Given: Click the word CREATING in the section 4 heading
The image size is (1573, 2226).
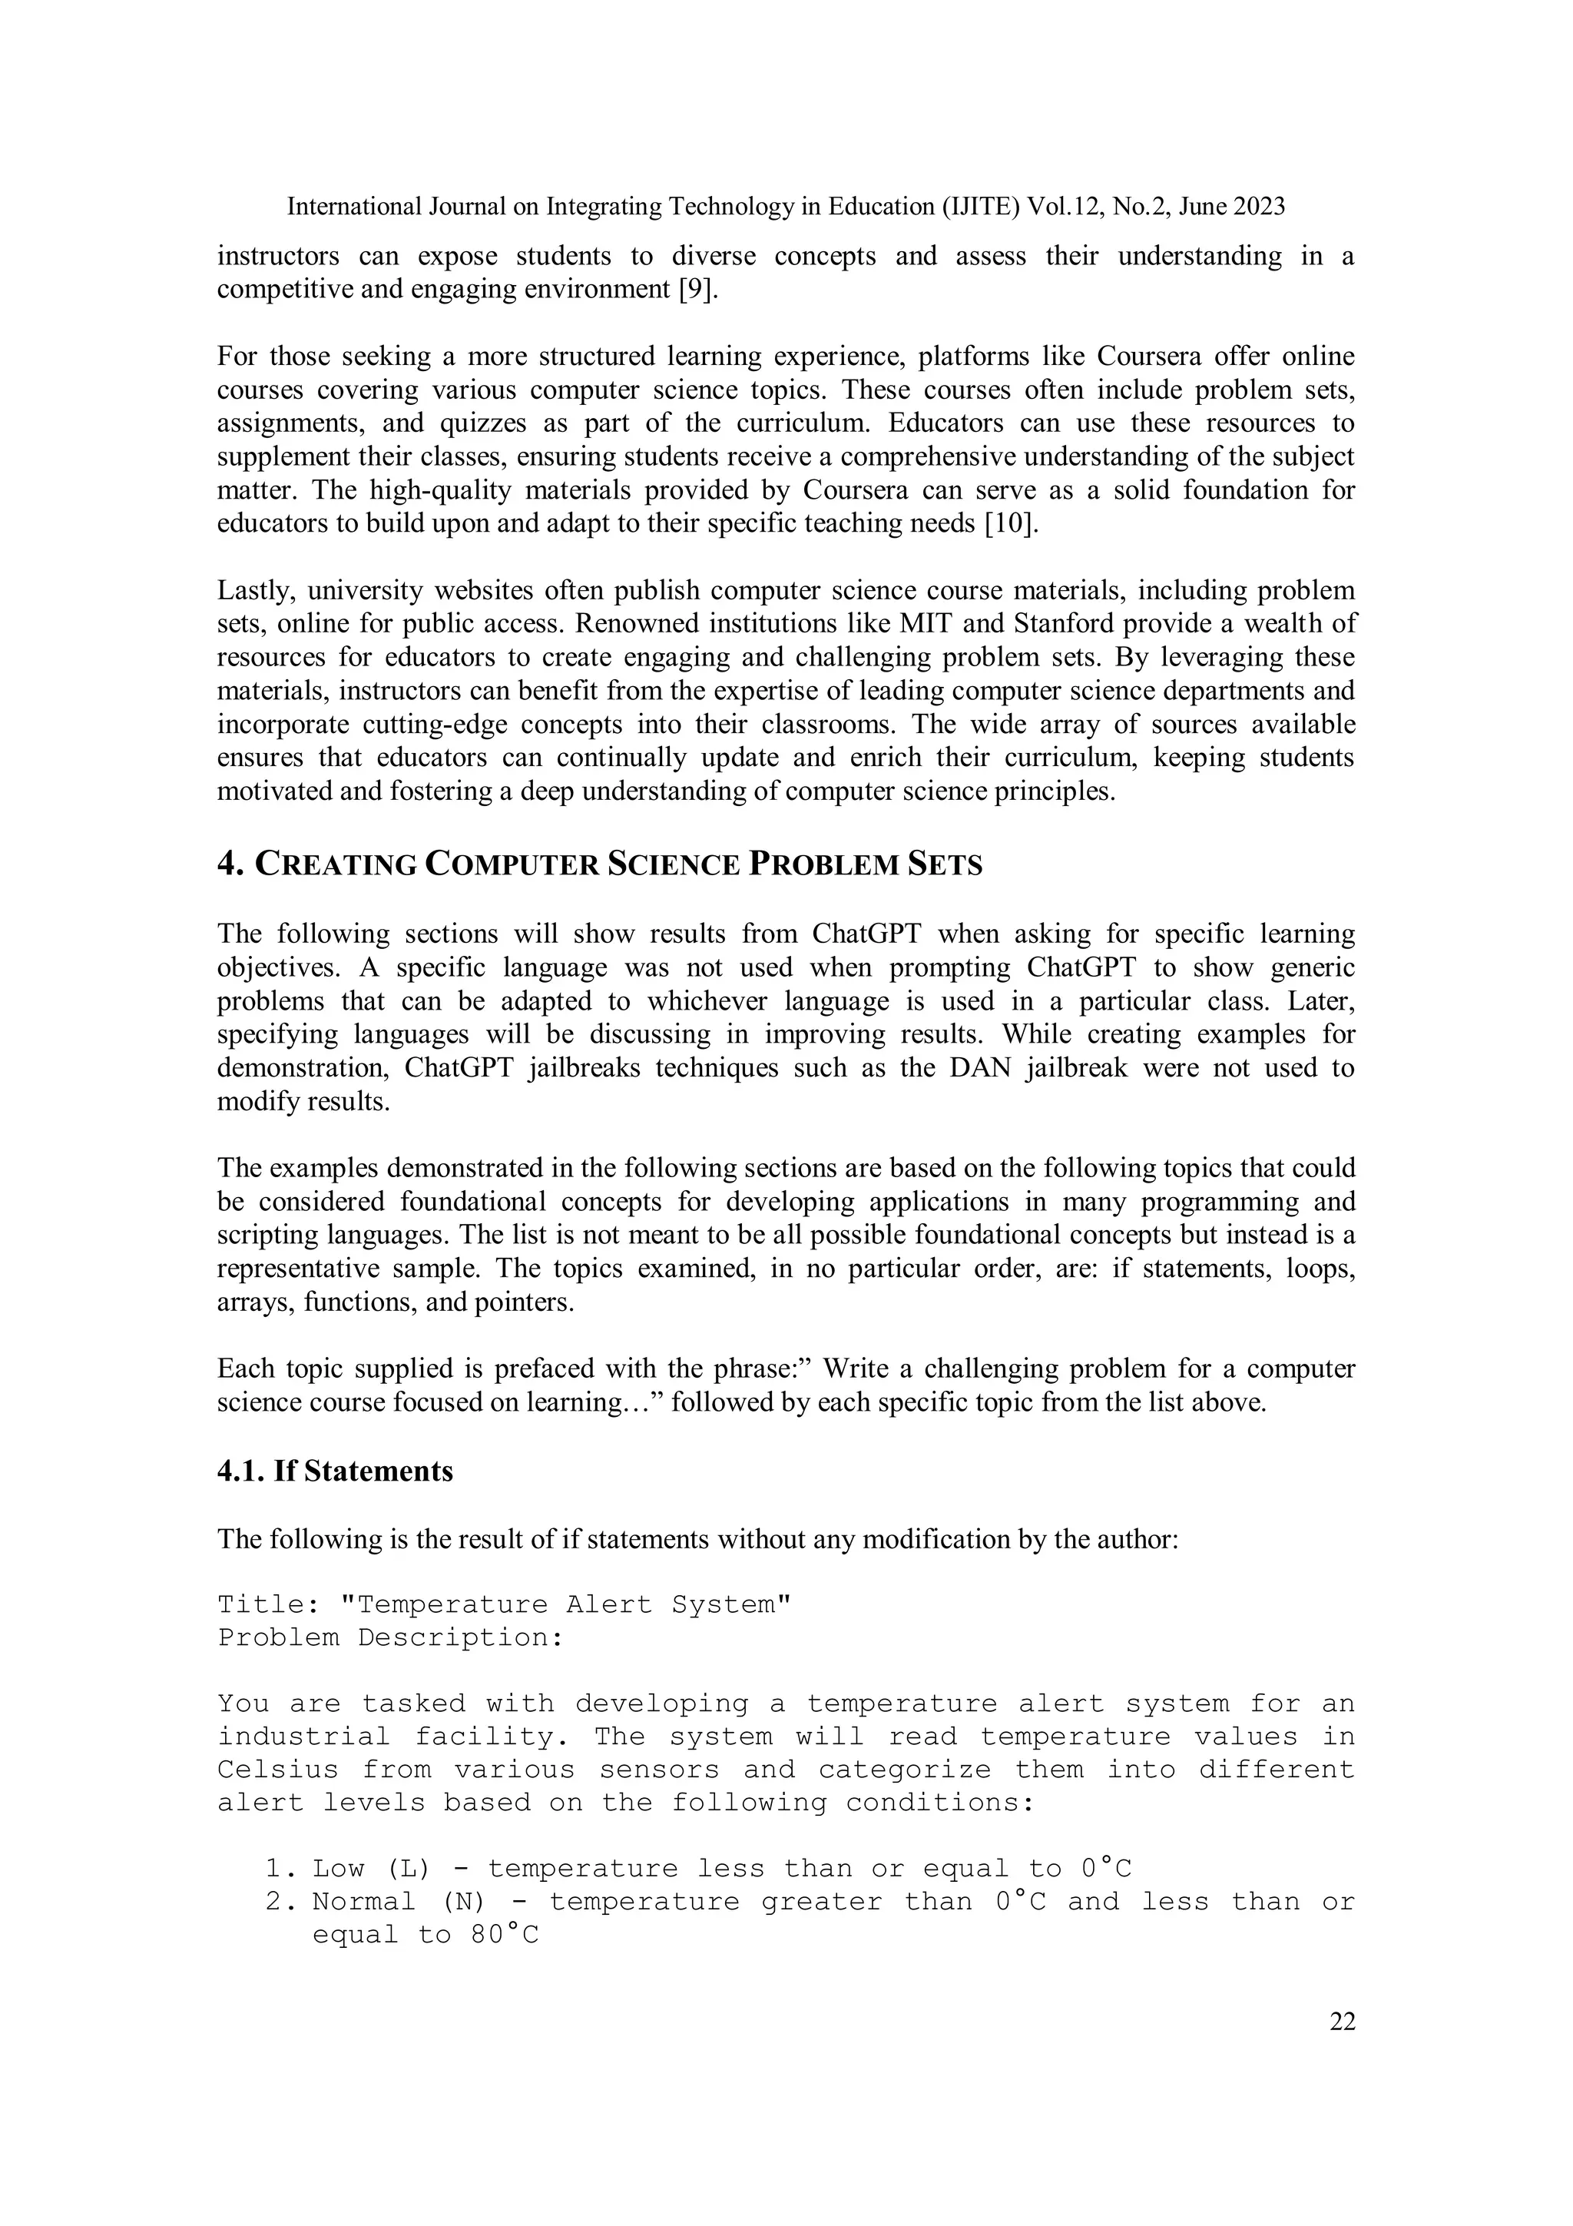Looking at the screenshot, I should pyautogui.click(x=336, y=864).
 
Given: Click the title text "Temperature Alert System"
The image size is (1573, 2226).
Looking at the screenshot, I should pyautogui.click(x=565, y=1604).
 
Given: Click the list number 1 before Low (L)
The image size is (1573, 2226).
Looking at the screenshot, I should pyautogui.click(x=274, y=1868).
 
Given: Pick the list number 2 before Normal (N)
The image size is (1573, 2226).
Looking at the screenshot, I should pyautogui.click(x=274, y=1901).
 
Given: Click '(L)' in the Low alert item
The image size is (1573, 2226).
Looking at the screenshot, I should pyautogui.click(x=407, y=1868).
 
